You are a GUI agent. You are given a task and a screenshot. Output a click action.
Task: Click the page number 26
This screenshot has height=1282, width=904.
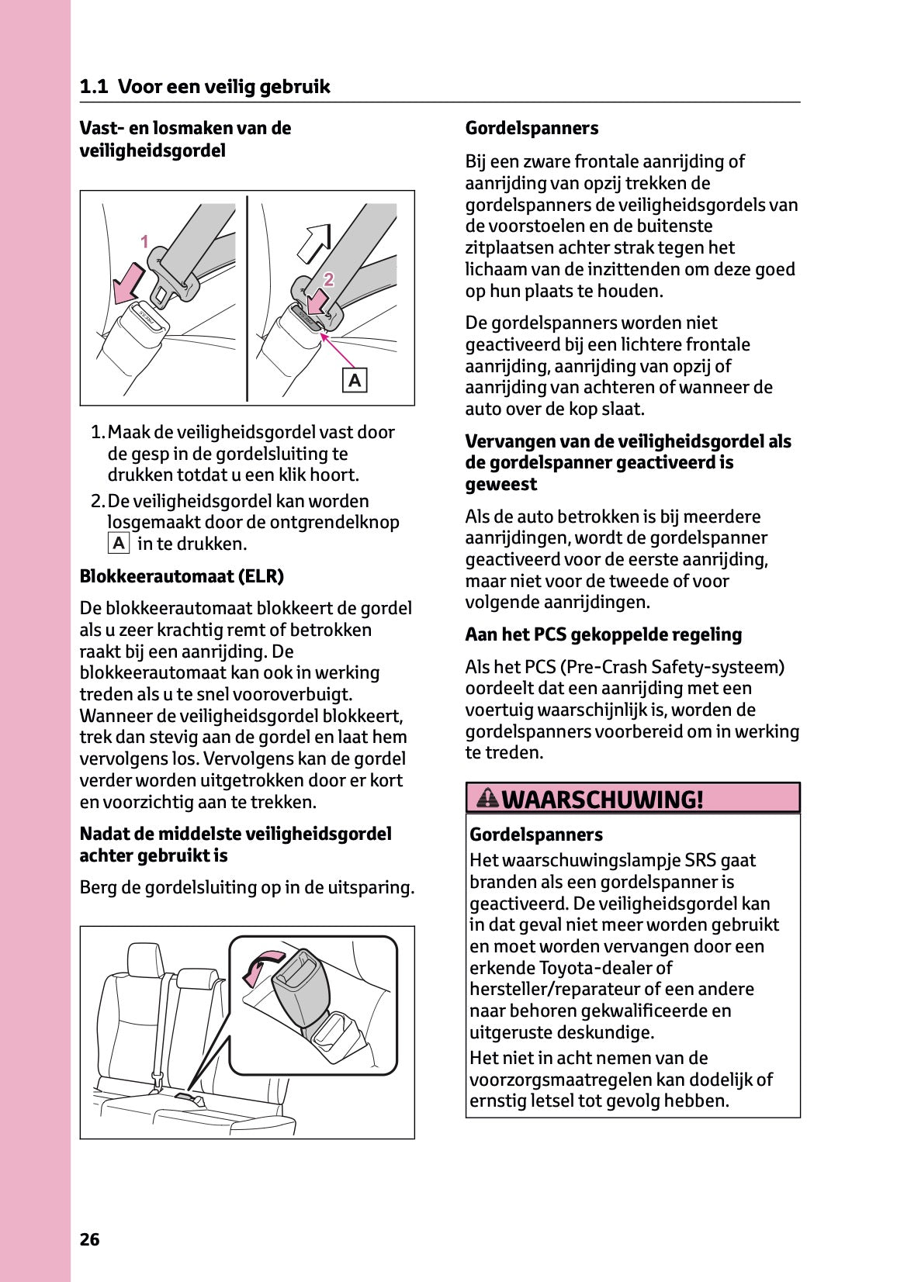[89, 1239]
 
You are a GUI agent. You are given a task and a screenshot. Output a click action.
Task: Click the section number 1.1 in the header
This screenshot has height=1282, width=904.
[94, 86]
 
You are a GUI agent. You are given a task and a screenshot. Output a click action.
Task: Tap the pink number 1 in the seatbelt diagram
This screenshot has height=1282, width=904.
[144, 242]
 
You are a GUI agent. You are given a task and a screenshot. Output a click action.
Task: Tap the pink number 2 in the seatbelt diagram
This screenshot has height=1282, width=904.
[329, 279]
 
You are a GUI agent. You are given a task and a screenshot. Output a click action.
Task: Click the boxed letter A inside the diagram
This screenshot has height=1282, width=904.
[355, 381]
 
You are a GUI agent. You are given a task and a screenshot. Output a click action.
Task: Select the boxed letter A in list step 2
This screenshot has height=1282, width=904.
[118, 544]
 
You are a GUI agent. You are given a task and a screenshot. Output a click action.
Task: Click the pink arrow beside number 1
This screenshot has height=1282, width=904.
[128, 283]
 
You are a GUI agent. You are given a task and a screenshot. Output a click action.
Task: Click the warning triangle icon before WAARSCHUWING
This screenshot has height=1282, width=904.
[488, 797]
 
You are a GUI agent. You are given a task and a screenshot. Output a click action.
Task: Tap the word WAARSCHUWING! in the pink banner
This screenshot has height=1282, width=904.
[603, 799]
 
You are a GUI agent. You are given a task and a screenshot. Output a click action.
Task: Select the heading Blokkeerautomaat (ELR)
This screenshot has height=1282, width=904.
[182, 576]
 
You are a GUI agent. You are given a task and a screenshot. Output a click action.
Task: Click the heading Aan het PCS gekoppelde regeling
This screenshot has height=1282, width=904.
[603, 634]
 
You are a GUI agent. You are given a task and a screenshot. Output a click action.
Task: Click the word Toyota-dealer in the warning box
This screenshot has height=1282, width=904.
[595, 968]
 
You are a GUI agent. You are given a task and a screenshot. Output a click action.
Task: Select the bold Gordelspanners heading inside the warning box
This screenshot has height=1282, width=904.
[535, 835]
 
